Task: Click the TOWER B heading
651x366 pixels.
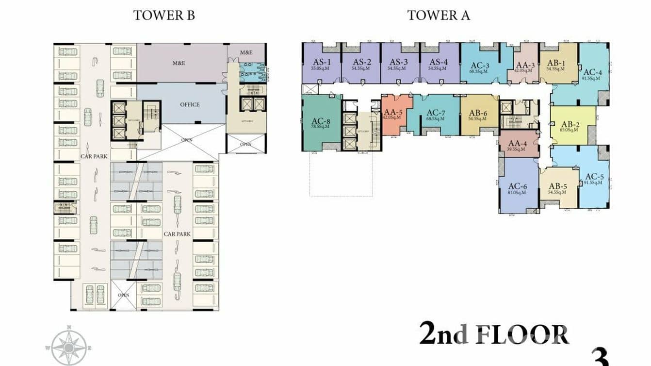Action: click(164, 15)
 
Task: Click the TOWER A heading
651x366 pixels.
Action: click(439, 15)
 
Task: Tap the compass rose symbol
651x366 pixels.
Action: click(69, 347)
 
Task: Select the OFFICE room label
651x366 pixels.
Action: click(190, 104)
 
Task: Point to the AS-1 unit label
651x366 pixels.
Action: click(322, 62)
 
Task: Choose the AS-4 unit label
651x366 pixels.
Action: click(438, 62)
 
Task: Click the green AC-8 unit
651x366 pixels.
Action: click(321, 124)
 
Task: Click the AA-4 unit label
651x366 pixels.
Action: click(519, 144)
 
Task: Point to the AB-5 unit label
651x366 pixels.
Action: click(558, 186)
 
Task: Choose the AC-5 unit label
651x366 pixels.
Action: click(594, 177)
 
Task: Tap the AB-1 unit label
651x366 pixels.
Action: click(556, 63)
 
